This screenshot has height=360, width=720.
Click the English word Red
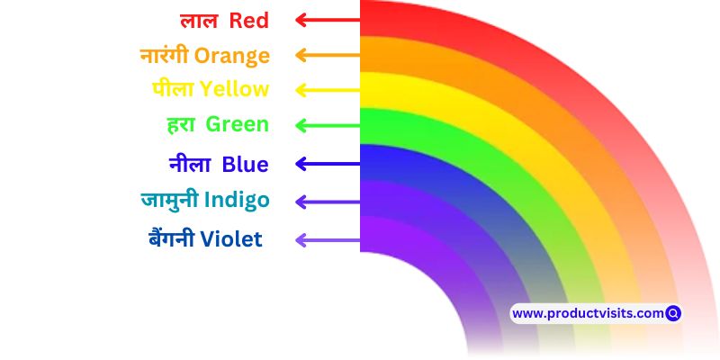(x=249, y=21)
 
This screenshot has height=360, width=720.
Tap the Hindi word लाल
(x=198, y=21)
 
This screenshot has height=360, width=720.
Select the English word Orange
(x=232, y=57)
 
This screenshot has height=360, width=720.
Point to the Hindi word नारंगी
(x=165, y=55)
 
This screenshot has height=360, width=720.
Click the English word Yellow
(x=235, y=89)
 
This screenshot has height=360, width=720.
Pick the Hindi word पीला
(x=173, y=88)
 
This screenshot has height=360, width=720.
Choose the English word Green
(x=237, y=124)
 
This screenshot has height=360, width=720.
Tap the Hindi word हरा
(x=182, y=125)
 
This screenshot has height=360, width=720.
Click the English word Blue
(x=245, y=165)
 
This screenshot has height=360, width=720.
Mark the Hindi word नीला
(x=190, y=165)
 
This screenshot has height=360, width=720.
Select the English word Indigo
(x=237, y=201)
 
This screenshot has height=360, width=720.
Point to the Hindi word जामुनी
(x=169, y=200)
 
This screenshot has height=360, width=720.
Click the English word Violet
(x=231, y=239)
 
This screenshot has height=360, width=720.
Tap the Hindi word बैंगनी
(x=172, y=238)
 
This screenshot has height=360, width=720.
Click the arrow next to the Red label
(x=328, y=20)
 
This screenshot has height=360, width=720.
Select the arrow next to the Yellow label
(x=328, y=90)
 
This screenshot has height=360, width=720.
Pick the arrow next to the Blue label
(x=328, y=164)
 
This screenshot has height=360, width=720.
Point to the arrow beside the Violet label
(x=328, y=240)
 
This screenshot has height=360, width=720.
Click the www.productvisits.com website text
(x=588, y=313)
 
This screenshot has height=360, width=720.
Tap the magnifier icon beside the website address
(x=673, y=313)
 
